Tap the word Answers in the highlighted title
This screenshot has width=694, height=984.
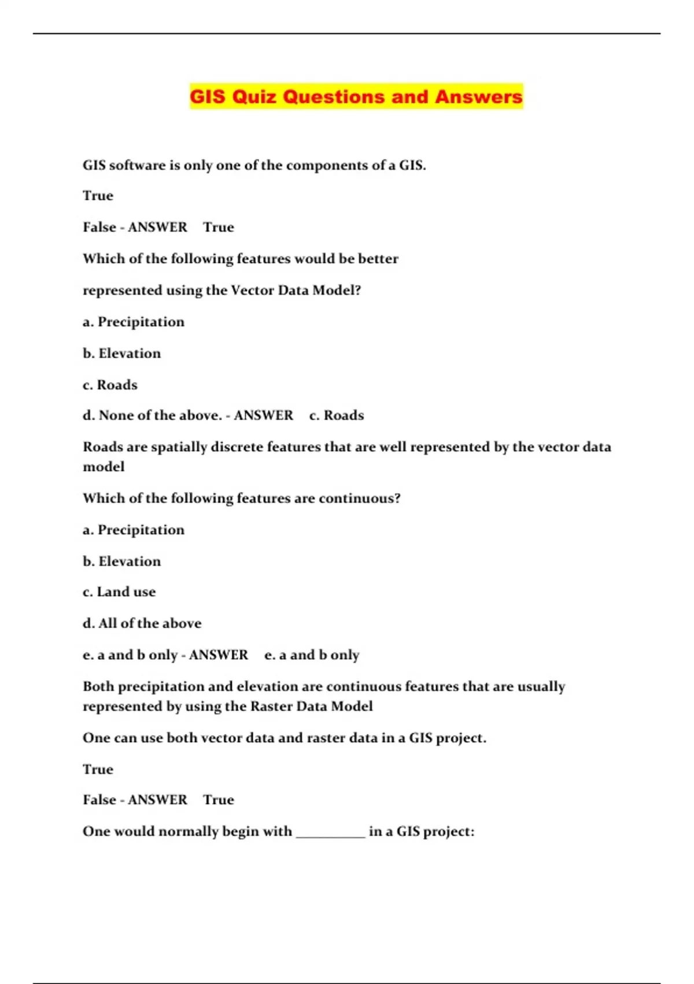click(x=478, y=97)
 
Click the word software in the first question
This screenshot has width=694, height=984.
click(x=137, y=166)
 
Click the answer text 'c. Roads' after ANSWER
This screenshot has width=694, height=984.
click(x=337, y=416)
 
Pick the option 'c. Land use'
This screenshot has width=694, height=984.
click(x=119, y=592)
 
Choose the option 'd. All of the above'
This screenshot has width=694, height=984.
click(x=142, y=623)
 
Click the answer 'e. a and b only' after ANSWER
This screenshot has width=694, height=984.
click(x=312, y=655)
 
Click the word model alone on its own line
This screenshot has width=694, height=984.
click(x=104, y=467)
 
